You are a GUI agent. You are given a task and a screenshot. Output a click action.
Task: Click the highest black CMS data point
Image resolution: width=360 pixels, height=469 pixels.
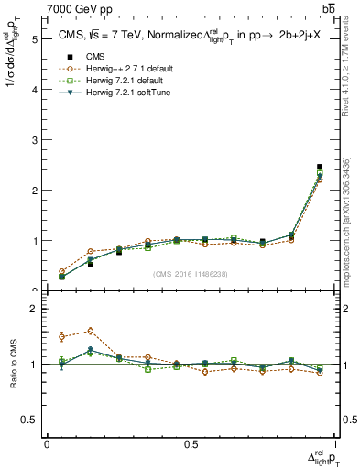click(x=320, y=167)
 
